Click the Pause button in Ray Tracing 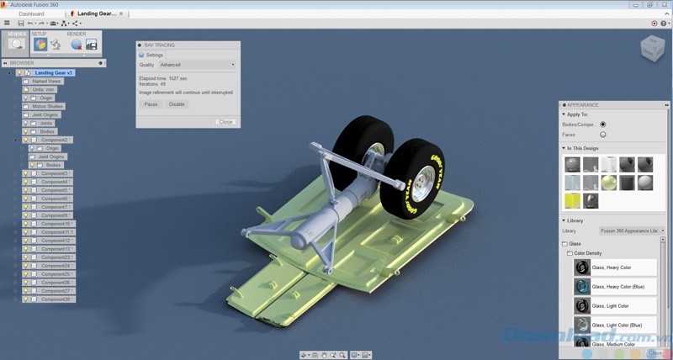(151, 104)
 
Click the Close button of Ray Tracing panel (225, 122)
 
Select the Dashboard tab (31, 14)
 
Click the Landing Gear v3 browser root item (54, 72)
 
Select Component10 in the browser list (56, 224)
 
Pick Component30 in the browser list (56, 299)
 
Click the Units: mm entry (44, 89)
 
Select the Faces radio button (602, 135)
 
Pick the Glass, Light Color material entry (611, 306)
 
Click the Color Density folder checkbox (570, 252)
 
